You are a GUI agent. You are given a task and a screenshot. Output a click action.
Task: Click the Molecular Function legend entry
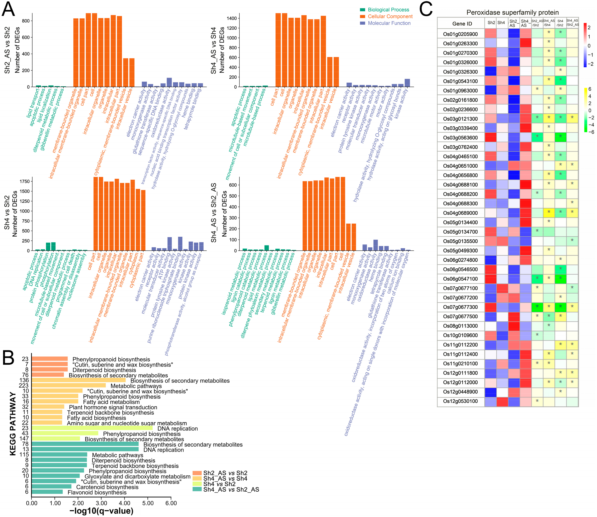[x=389, y=23]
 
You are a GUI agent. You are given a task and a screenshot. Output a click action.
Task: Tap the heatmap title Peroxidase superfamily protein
[x=512, y=12]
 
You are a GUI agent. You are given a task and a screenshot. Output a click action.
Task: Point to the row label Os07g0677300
[x=460, y=307]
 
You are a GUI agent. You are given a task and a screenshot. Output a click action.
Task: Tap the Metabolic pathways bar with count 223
[x=69, y=385]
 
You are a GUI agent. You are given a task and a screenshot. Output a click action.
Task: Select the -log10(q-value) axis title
[x=101, y=511]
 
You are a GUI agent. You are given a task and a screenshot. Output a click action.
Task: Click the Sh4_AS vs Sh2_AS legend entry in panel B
[x=231, y=490]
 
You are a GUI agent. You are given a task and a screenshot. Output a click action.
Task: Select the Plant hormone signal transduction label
[x=113, y=407]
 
